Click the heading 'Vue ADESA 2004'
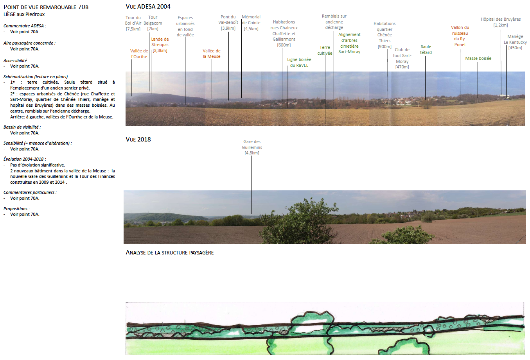(x=148, y=7)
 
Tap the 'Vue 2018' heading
(x=138, y=140)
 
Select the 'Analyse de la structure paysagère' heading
(x=169, y=253)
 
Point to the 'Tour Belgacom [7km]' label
(x=153, y=23)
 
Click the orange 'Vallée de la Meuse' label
(x=212, y=54)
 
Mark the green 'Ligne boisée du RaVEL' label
(x=299, y=63)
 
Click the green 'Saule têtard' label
(x=426, y=50)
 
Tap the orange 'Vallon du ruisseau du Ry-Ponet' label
(x=460, y=36)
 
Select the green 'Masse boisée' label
(x=478, y=58)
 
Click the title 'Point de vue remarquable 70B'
(x=46, y=7)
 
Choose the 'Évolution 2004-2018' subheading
(x=24, y=159)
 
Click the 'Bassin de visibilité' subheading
(x=22, y=127)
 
